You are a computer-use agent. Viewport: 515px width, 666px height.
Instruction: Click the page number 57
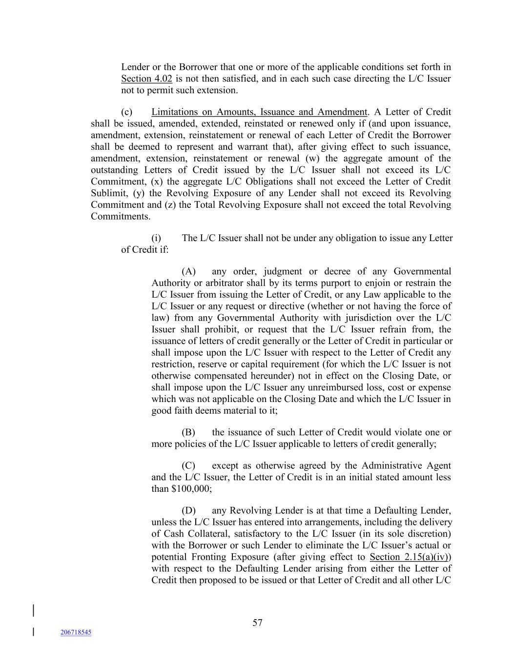point(257,623)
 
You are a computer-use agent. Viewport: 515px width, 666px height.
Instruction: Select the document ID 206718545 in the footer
point(76,632)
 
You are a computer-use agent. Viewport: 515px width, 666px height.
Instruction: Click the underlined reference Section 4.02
point(146,79)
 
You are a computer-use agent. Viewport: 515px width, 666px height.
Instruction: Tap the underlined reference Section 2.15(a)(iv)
point(410,557)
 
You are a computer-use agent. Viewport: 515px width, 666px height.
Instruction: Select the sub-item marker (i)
point(156,238)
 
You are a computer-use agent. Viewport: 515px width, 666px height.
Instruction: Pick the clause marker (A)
point(188,271)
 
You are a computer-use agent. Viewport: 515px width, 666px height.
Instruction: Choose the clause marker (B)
point(188,432)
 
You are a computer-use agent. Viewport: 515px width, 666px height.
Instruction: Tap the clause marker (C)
point(188,465)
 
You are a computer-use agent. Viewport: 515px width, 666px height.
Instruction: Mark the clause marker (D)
point(188,510)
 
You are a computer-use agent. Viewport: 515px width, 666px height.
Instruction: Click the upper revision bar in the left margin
point(33,610)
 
